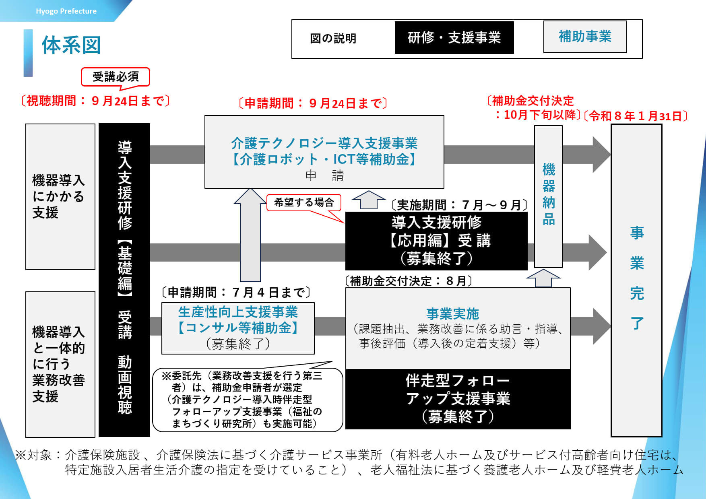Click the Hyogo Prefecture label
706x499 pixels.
66,11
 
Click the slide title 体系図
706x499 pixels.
71,45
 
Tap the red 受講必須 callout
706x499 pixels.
116,76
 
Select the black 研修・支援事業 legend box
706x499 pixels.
454,38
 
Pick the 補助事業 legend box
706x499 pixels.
585,37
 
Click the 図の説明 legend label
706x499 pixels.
333,39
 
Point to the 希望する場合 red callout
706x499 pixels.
304,202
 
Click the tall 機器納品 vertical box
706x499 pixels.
548,196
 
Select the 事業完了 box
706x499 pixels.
636,280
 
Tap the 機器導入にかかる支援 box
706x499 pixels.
60,196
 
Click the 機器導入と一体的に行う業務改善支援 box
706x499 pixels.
60,364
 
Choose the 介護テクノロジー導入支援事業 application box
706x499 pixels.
324,152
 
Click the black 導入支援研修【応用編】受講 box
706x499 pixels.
436,241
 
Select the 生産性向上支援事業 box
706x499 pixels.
238,328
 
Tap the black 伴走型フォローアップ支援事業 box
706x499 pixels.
458,398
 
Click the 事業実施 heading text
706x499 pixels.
452,313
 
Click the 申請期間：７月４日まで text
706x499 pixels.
236,292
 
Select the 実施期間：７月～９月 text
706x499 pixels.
459,205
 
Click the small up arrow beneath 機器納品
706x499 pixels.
543,278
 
